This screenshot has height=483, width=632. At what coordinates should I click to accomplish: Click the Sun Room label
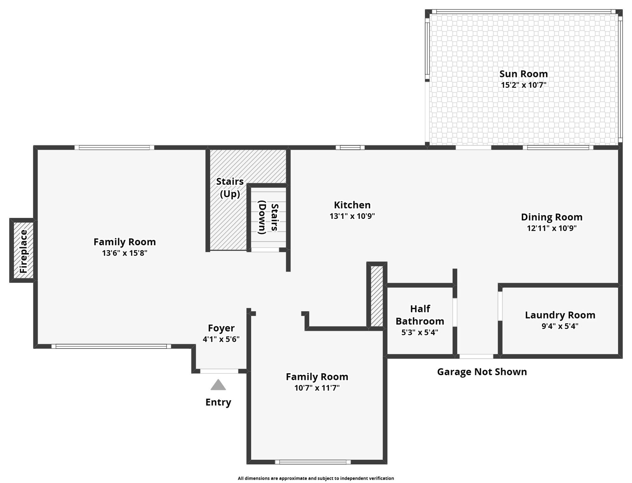pyautogui.click(x=523, y=74)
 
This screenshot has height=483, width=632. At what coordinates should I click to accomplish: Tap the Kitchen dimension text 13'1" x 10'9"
pyautogui.click(x=352, y=216)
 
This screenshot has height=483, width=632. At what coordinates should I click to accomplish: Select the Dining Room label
pyautogui.click(x=552, y=217)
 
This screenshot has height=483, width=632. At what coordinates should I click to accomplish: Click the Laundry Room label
pyautogui.click(x=560, y=315)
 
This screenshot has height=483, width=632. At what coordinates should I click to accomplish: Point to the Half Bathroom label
pyautogui.click(x=420, y=315)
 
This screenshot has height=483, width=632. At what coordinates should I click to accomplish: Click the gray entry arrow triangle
pyautogui.click(x=218, y=385)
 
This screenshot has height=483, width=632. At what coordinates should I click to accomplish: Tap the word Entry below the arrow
pyautogui.click(x=218, y=402)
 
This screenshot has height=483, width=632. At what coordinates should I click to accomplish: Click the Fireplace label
pyautogui.click(x=24, y=251)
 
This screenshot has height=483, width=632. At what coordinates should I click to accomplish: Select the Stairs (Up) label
pyautogui.click(x=230, y=188)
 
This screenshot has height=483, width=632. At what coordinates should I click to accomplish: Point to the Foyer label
pyautogui.click(x=221, y=328)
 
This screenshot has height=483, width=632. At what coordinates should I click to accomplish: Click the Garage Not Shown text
pyautogui.click(x=482, y=372)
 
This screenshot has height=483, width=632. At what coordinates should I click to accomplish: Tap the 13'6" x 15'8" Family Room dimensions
pyautogui.click(x=125, y=253)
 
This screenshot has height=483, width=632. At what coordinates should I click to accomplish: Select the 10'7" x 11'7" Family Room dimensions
pyautogui.click(x=317, y=388)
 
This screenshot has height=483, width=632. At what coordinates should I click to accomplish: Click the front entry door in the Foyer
pyautogui.click(x=219, y=371)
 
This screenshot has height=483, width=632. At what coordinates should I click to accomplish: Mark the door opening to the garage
pyautogui.click(x=476, y=356)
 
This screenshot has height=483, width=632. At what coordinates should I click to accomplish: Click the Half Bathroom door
pyautogui.click(x=455, y=312)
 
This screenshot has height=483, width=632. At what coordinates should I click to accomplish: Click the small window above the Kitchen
pyautogui.click(x=350, y=147)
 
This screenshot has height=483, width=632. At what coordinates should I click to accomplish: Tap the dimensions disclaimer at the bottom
pyautogui.click(x=316, y=478)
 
